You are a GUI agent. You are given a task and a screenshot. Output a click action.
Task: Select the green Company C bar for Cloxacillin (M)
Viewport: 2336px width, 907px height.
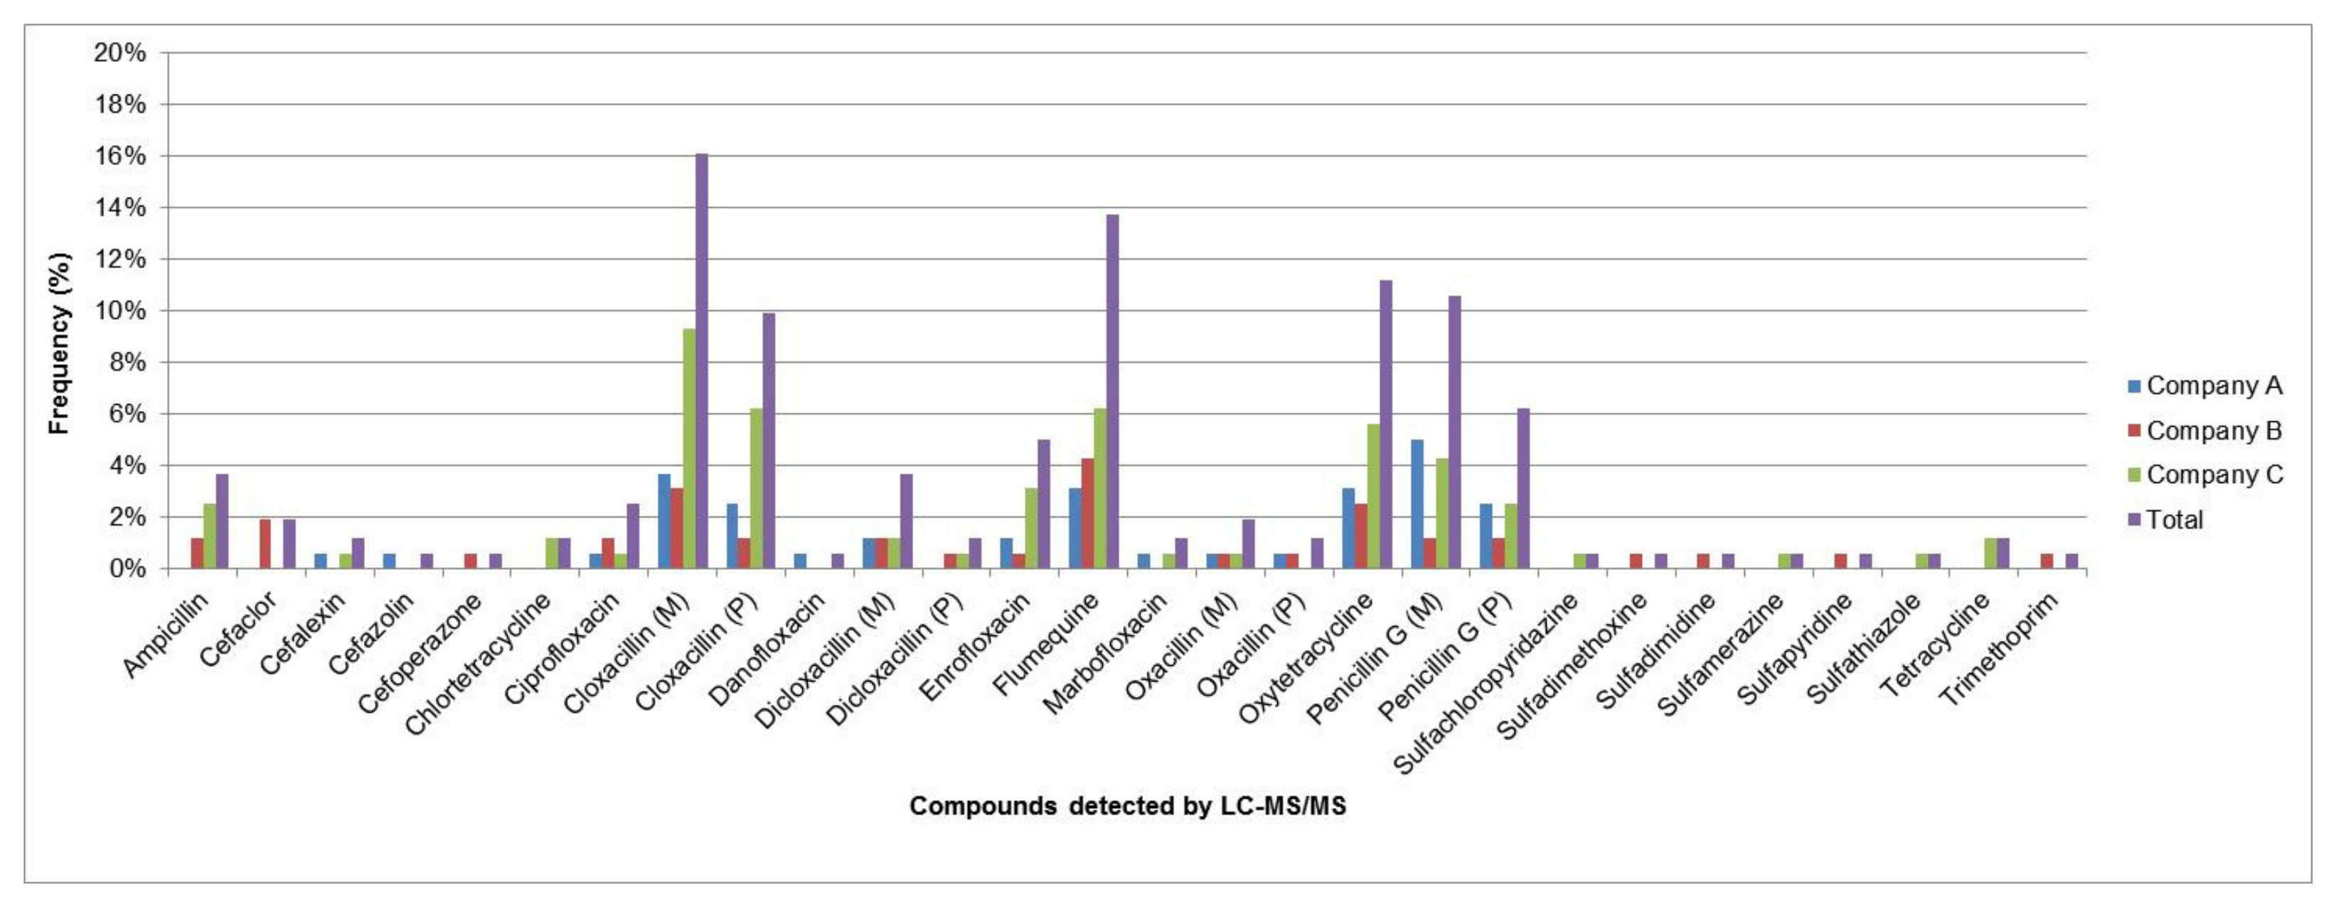point(689,448)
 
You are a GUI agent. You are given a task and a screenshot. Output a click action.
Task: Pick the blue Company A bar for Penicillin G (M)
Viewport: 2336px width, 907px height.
point(1417,504)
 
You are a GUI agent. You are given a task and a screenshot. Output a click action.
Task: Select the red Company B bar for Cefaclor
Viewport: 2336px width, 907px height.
point(265,544)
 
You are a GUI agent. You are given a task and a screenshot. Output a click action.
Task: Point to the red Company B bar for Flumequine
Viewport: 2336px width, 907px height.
point(1087,514)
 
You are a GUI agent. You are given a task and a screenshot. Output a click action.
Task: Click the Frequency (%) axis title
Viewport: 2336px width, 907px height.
point(59,343)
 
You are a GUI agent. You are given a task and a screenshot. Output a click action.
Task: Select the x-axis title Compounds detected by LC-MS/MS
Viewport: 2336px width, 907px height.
point(1127,805)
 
